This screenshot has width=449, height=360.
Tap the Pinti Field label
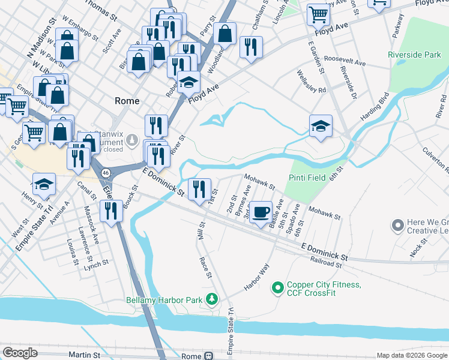307,178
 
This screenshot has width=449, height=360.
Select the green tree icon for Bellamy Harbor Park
211,299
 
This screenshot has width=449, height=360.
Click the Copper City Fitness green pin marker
277,289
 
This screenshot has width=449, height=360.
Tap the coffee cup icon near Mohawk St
260,212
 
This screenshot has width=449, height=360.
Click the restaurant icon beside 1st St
199,190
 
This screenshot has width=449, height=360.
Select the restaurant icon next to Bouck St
110,211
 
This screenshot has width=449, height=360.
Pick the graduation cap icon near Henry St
44,184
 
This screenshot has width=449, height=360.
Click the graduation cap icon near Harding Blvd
321,126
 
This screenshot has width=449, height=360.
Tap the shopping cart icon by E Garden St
318,14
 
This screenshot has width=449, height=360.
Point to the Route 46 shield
106,172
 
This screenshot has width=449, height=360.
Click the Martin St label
84,355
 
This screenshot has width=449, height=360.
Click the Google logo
20,353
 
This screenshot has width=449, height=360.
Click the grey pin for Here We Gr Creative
397,226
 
